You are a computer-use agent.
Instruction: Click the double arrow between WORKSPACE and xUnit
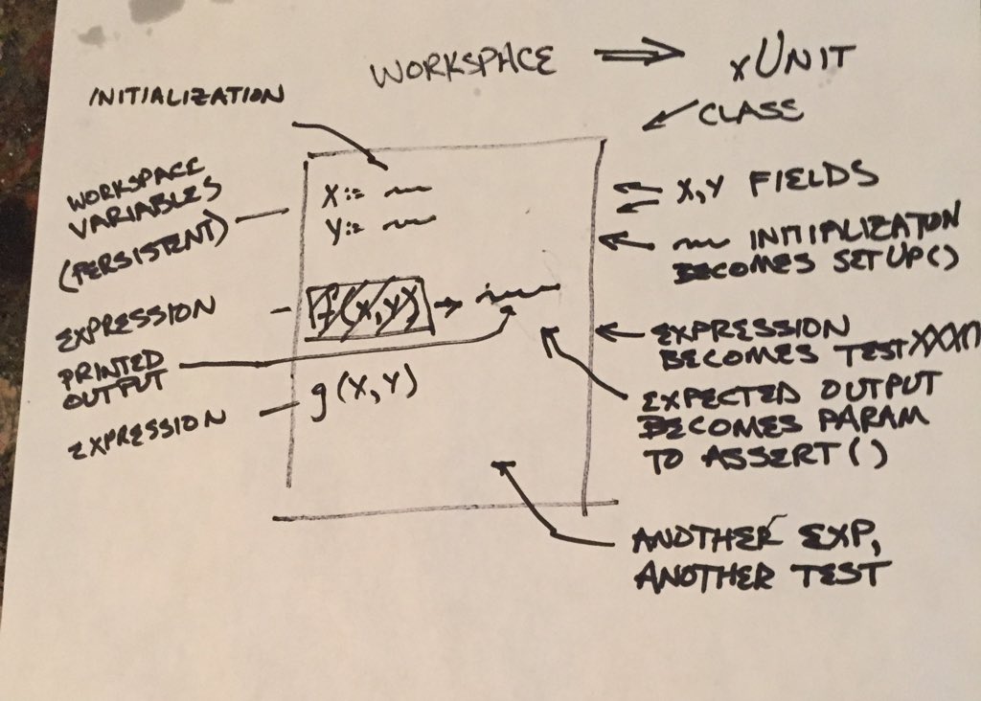coord(637,56)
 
